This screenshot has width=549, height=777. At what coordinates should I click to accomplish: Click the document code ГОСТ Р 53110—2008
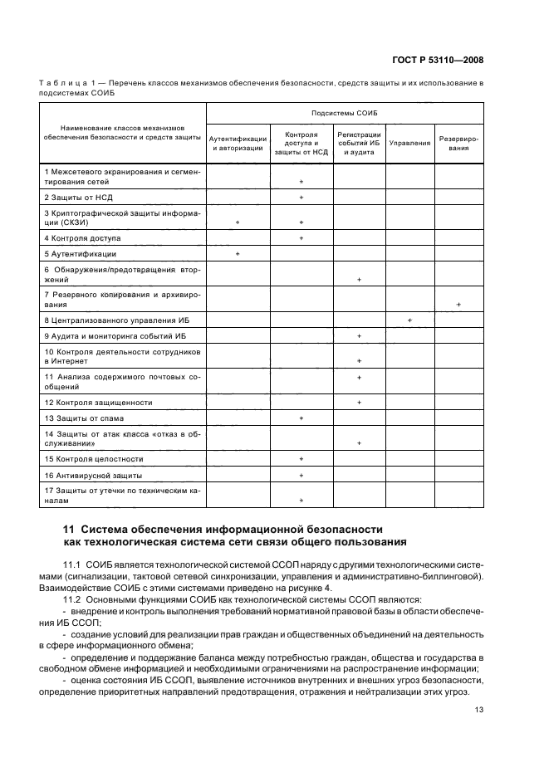(439, 61)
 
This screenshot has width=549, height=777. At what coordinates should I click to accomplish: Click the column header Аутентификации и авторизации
(238, 143)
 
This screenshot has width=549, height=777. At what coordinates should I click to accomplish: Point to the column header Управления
(409, 143)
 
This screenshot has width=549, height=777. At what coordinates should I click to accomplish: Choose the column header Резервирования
(458, 143)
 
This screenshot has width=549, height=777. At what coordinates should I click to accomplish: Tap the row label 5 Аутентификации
(81, 253)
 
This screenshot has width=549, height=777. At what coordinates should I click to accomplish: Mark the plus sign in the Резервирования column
(458, 305)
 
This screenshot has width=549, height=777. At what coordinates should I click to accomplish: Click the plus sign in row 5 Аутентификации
(238, 253)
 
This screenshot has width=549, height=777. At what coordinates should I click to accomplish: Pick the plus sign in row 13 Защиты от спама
(301, 418)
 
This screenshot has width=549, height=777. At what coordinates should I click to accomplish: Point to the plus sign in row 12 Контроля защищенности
(359, 403)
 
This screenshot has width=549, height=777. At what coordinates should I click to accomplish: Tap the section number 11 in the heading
(70, 528)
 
